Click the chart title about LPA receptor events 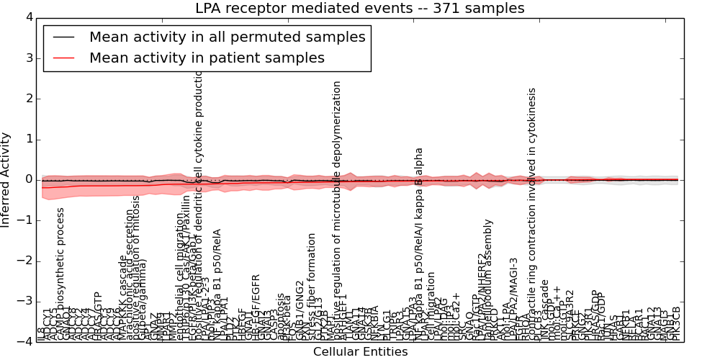[360, 9]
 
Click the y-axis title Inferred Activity [6, 179]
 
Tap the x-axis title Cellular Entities [360, 352]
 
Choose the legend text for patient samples [207, 58]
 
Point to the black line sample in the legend [63, 37]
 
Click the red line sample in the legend [63, 58]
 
